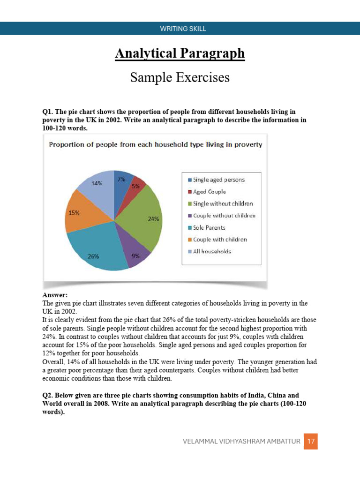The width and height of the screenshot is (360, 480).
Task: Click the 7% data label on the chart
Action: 121,179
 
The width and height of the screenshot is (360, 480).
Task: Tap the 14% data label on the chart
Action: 97,183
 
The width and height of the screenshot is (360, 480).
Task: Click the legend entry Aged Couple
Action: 209,192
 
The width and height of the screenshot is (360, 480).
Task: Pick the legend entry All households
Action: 212,251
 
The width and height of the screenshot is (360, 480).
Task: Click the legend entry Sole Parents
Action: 209,227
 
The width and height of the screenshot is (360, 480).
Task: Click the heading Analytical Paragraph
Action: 180,53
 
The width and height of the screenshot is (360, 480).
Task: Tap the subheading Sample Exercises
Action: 180,77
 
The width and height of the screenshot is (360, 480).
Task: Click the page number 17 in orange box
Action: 311,441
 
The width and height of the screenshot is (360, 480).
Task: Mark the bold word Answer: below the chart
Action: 55,295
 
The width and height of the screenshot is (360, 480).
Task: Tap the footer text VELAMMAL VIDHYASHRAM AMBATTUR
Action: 241,441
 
